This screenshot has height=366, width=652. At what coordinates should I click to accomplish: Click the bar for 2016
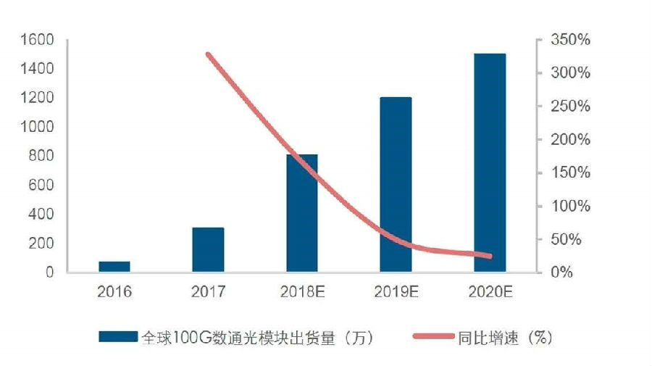click(114, 267)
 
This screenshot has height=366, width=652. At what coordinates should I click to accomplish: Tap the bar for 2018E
click(301, 214)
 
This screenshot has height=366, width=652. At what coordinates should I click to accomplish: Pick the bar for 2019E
click(396, 185)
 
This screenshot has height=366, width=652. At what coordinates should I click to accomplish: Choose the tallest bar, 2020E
click(490, 163)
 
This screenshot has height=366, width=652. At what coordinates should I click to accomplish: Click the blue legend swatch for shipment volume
click(117, 336)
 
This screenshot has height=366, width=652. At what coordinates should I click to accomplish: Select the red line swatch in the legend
click(433, 336)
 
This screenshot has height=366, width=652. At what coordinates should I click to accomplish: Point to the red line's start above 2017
click(208, 54)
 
